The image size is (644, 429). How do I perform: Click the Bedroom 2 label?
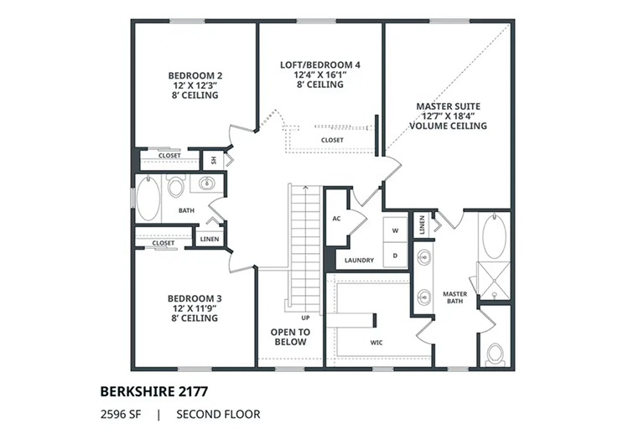pos(195,85)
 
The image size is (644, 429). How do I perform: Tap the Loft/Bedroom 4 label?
pos(320,75)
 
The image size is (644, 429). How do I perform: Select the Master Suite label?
pos(448,116)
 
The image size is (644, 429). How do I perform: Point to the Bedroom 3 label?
pos(195,308)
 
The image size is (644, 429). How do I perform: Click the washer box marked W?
pos(395,230)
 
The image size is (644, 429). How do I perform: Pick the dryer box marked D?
pos(395,256)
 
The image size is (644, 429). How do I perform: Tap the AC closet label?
pos(336,219)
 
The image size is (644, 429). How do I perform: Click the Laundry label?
pos(359,260)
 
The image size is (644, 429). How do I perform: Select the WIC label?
pos(377,343)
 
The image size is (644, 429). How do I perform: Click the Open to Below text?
pos(290,337)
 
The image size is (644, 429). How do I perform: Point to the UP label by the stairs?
pos(305,318)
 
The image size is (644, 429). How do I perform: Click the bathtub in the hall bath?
pos(148,199)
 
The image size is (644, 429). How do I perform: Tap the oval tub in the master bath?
pos(494,236)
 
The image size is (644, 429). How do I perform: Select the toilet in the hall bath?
pos(176,185)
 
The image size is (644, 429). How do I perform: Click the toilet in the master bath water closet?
pos(495,354)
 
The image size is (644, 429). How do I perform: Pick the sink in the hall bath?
pos(206,183)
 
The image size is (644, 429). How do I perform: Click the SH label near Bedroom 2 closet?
pos(214,160)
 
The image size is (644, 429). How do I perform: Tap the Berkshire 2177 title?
pos(154,391)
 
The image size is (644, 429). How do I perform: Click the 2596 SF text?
pos(121,414)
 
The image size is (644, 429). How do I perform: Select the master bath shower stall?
pos(493,281)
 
